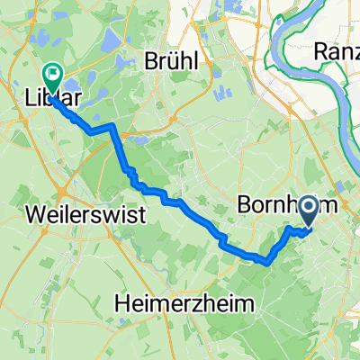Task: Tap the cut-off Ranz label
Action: (x=338, y=53)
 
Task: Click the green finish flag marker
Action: (x=51, y=80)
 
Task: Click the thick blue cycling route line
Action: (x=180, y=202)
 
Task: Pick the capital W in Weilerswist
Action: (x=39, y=216)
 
